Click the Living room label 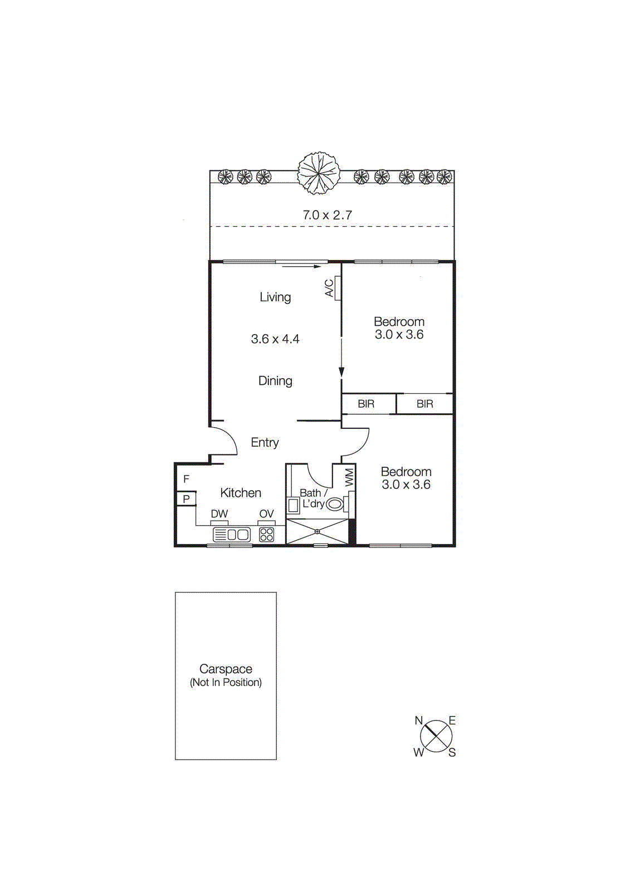pyautogui.click(x=275, y=297)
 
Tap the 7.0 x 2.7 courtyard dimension pyautogui.click(x=327, y=215)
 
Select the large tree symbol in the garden pyautogui.click(x=319, y=173)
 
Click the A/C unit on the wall pyautogui.click(x=338, y=288)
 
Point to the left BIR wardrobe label pyautogui.click(x=366, y=404)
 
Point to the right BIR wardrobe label pyautogui.click(x=424, y=404)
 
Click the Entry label pyautogui.click(x=265, y=443)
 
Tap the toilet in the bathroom pyautogui.click(x=335, y=505)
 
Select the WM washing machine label pyautogui.click(x=349, y=477)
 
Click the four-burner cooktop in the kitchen pyautogui.click(x=267, y=535)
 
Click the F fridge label pyautogui.click(x=186, y=479)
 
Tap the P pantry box pyautogui.click(x=186, y=499)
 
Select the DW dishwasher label pyautogui.click(x=219, y=514)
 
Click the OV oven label pyautogui.click(x=266, y=514)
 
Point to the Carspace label pyautogui.click(x=226, y=669)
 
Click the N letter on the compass pyautogui.click(x=418, y=721)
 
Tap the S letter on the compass pyautogui.click(x=452, y=753)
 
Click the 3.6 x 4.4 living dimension pyautogui.click(x=275, y=339)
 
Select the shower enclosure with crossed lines pyautogui.click(x=317, y=531)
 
